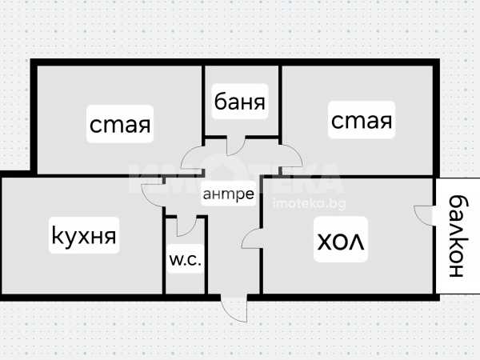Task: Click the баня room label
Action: click(x=240, y=102)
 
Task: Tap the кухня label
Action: click(x=83, y=236)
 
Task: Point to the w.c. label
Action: click(x=185, y=260)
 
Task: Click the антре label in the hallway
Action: click(x=229, y=194)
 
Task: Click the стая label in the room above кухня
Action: click(x=121, y=125)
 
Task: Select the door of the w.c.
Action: click(x=186, y=226)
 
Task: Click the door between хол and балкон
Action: click(x=422, y=216)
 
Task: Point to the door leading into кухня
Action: click(x=153, y=192)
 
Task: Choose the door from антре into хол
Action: click(x=251, y=238)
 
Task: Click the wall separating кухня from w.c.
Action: click(x=163, y=248)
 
